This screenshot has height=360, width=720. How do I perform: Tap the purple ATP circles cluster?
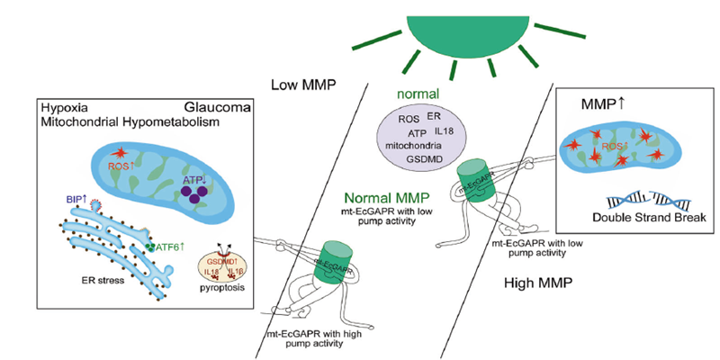click(193, 185)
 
